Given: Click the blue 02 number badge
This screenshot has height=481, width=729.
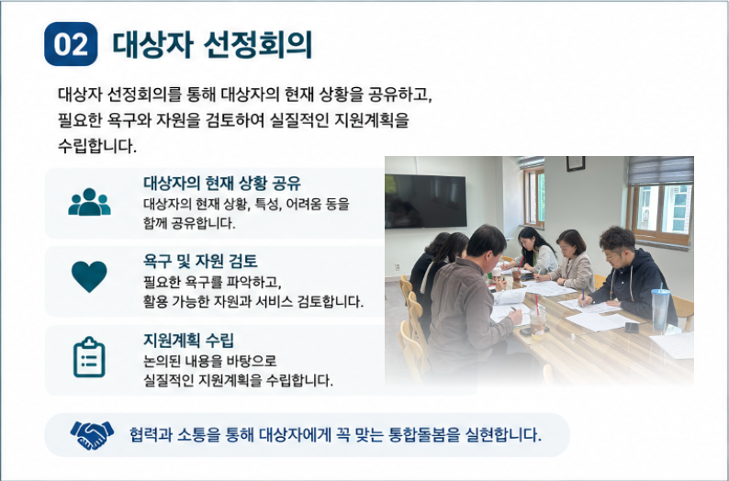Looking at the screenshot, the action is pyautogui.click(x=71, y=44).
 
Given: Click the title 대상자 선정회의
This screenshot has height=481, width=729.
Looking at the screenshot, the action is pyautogui.click(x=212, y=45).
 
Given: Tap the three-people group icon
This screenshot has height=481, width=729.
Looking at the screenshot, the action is pyautogui.click(x=89, y=202).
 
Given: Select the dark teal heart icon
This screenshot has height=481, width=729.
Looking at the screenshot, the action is pyautogui.click(x=89, y=276).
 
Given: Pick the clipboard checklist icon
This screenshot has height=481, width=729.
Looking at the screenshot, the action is pyautogui.click(x=89, y=357).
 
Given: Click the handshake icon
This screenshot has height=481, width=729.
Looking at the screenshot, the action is pyautogui.click(x=92, y=435).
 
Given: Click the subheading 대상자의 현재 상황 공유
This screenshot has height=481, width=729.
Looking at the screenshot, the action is pyautogui.click(x=222, y=183).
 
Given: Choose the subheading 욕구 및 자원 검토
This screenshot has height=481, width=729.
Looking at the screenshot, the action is pyautogui.click(x=200, y=262).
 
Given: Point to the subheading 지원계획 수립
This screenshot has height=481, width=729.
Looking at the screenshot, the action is pyautogui.click(x=188, y=341).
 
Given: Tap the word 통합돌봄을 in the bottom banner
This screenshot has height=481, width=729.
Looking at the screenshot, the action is pyautogui.click(x=422, y=435).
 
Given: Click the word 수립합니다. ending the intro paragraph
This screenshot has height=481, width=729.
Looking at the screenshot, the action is pyautogui.click(x=97, y=146).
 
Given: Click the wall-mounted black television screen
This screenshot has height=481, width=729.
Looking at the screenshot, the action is pyautogui.click(x=425, y=201).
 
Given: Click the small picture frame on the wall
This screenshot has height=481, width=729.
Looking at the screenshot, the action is pyautogui.click(x=575, y=163).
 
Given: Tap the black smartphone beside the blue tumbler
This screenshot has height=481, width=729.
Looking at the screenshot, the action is pyautogui.click(x=632, y=327).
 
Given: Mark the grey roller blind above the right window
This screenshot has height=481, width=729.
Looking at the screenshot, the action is pyautogui.click(x=660, y=171).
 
